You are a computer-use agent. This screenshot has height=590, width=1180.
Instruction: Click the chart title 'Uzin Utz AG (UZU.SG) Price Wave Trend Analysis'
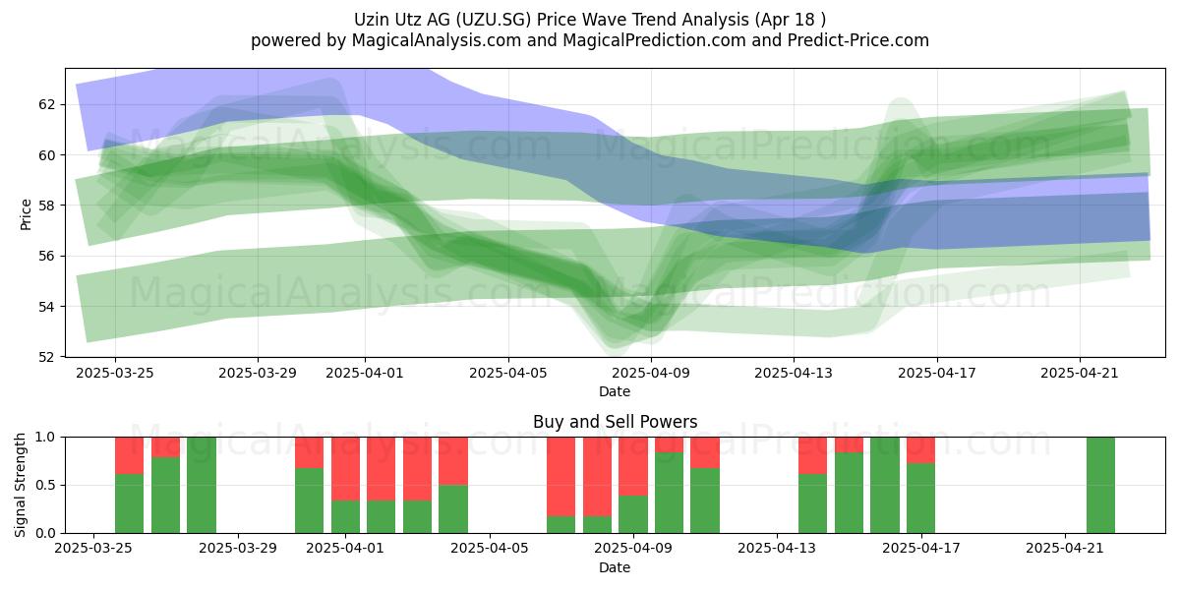552,20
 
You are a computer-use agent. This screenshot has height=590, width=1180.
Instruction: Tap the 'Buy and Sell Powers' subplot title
615,422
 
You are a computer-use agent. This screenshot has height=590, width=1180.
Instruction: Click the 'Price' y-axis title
26,215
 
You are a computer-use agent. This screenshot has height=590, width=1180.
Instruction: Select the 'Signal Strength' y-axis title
20,485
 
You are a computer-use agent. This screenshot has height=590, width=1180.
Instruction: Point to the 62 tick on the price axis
46,104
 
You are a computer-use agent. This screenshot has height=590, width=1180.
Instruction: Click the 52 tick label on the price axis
46,357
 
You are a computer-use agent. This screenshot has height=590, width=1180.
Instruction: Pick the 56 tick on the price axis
46,256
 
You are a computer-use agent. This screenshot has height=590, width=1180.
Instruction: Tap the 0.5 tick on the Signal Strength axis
45,485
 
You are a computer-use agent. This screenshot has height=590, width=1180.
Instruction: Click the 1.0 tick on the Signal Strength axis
45,437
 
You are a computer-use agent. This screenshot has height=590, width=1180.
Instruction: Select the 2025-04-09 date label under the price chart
651,373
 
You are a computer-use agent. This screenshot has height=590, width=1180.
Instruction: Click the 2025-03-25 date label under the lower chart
93,548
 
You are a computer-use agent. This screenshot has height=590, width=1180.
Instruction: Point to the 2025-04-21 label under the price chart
1080,373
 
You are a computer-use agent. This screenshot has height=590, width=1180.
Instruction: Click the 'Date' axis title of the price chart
615,391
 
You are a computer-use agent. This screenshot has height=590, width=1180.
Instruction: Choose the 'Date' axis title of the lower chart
615,567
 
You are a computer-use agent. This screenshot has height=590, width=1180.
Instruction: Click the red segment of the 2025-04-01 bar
345,468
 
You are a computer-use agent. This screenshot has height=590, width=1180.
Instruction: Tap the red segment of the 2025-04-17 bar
920,450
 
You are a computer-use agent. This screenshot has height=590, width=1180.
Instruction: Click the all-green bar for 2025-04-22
1101,485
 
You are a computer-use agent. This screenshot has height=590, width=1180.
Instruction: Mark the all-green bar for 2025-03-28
202,485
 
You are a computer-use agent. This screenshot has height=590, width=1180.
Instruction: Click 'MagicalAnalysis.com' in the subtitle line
437,40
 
